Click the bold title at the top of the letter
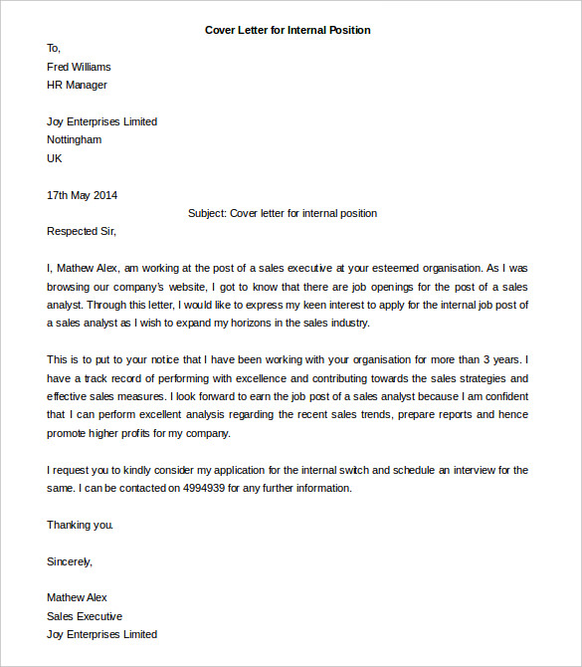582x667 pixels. click(288, 30)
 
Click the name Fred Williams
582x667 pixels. click(79, 67)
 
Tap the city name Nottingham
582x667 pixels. click(74, 140)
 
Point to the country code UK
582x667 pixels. click(55, 158)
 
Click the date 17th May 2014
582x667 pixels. click(82, 195)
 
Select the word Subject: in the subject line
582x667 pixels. click(207, 213)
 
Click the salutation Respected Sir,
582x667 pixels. click(82, 232)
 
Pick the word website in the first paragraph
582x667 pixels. click(178, 287)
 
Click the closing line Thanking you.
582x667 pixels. click(81, 525)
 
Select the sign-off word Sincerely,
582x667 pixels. click(70, 561)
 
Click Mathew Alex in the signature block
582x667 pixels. click(77, 597)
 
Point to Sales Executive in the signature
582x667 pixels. click(85, 616)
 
